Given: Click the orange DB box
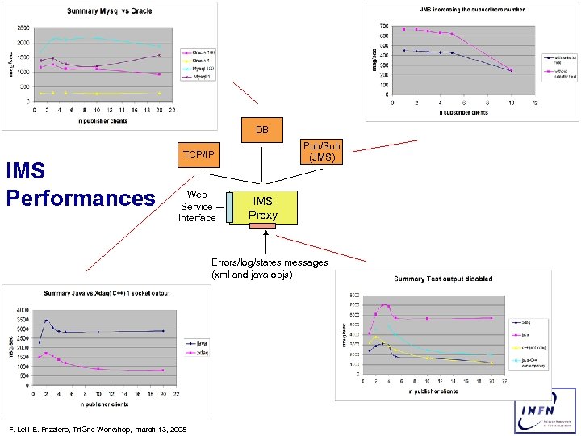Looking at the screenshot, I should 262,130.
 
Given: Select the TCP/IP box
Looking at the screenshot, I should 199,155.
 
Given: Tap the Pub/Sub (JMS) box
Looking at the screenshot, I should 322,151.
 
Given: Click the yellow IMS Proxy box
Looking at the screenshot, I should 263,208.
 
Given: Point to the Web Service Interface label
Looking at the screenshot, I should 197,206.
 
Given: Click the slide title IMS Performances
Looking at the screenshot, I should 79,185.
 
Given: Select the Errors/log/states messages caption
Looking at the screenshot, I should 270,268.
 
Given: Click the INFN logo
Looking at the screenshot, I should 545,410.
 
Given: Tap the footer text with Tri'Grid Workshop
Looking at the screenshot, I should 96,429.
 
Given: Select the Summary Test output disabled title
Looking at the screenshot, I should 442,279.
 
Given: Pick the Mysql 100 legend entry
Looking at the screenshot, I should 198,69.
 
